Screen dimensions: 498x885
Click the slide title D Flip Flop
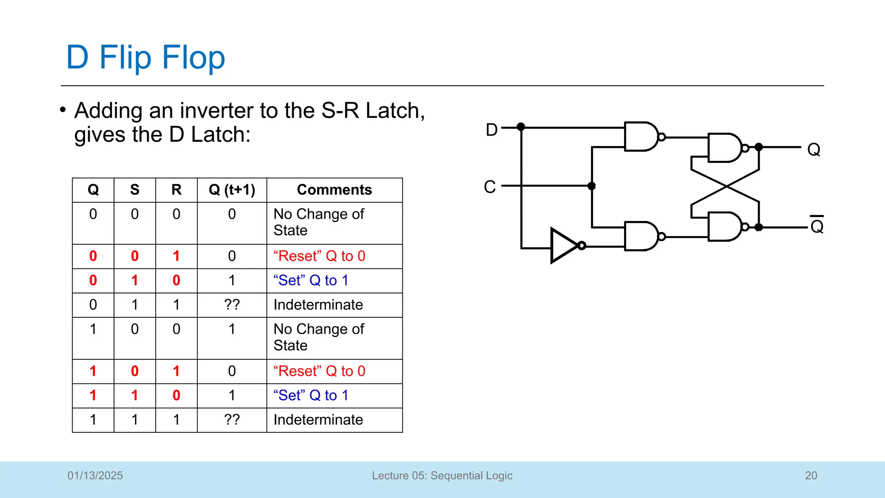(x=146, y=57)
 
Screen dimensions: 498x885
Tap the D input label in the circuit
(x=491, y=130)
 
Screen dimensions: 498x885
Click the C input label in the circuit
(x=490, y=187)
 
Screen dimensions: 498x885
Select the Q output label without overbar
(x=814, y=150)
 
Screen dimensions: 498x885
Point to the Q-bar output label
(x=817, y=226)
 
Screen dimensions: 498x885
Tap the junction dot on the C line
(x=592, y=186)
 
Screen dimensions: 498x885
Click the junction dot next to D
(x=521, y=127)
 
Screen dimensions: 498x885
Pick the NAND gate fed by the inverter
(x=641, y=236)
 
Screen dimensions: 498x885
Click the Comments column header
(x=334, y=190)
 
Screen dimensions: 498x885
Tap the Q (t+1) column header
(x=232, y=190)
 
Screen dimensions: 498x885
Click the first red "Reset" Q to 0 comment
(x=319, y=256)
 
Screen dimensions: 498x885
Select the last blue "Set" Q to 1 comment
(x=311, y=395)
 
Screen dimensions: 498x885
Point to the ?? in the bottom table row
(x=232, y=420)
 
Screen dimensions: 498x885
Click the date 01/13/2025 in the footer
(x=95, y=476)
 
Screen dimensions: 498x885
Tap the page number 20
(x=811, y=476)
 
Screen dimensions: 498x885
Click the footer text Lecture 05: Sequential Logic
(x=442, y=476)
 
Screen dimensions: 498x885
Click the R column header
(x=176, y=190)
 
